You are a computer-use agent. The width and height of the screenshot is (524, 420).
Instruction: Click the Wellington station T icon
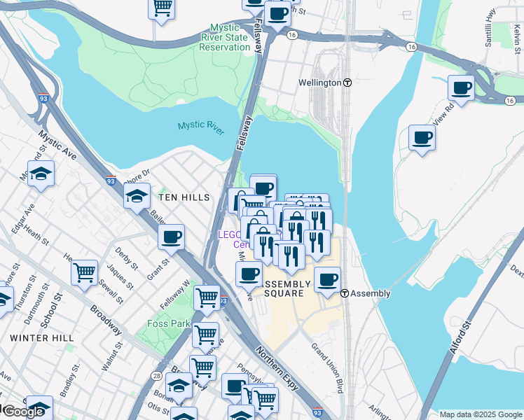(x=347, y=83)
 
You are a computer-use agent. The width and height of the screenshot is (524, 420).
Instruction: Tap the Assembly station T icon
(x=345, y=293)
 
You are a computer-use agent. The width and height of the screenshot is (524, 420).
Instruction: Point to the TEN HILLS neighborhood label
(x=184, y=198)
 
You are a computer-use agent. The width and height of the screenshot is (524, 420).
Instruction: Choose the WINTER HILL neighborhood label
(x=42, y=337)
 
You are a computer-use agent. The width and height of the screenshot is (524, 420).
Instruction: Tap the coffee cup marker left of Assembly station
(x=326, y=280)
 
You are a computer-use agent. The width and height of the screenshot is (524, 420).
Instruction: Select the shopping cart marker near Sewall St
(x=85, y=272)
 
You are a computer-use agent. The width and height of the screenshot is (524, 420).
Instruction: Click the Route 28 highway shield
(x=156, y=377)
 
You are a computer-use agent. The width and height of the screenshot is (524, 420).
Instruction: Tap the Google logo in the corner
(x=22, y=412)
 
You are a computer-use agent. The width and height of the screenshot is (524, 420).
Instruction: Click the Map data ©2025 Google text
(x=480, y=414)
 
